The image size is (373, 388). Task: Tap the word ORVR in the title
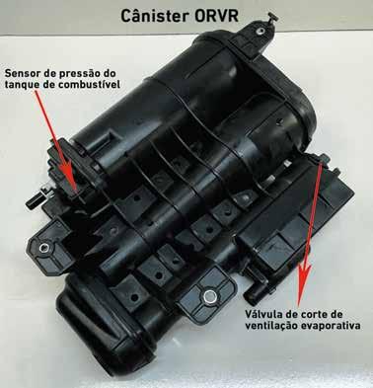[218, 16]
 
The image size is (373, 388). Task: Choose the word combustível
[89, 85]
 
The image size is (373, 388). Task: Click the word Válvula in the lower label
[261, 314]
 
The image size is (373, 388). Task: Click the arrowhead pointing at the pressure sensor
[70, 179]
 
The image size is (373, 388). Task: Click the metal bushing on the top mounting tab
[261, 32]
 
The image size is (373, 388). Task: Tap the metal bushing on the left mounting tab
[42, 248]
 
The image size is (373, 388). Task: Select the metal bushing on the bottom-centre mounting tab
[209, 296]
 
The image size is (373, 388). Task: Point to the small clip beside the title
[271, 18]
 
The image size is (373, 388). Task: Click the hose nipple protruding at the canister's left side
[36, 199]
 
